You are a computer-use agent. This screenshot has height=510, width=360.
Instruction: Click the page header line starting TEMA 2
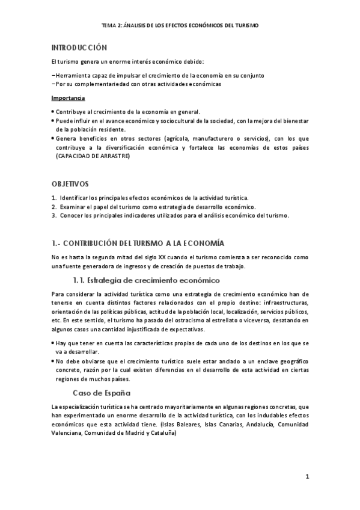180,26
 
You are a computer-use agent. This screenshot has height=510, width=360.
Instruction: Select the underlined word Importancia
68,97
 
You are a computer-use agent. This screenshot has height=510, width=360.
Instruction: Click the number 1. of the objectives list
54,197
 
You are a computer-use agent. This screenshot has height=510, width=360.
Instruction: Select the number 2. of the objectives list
54,206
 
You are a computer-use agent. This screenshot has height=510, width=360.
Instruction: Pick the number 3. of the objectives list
54,215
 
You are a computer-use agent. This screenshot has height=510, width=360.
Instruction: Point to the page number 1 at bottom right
307,478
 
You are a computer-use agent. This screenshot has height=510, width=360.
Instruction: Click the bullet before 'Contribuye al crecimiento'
53,112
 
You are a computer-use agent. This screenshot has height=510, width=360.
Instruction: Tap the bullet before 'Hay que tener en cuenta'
53,342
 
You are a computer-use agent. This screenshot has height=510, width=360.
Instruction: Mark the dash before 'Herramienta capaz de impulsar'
53,76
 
